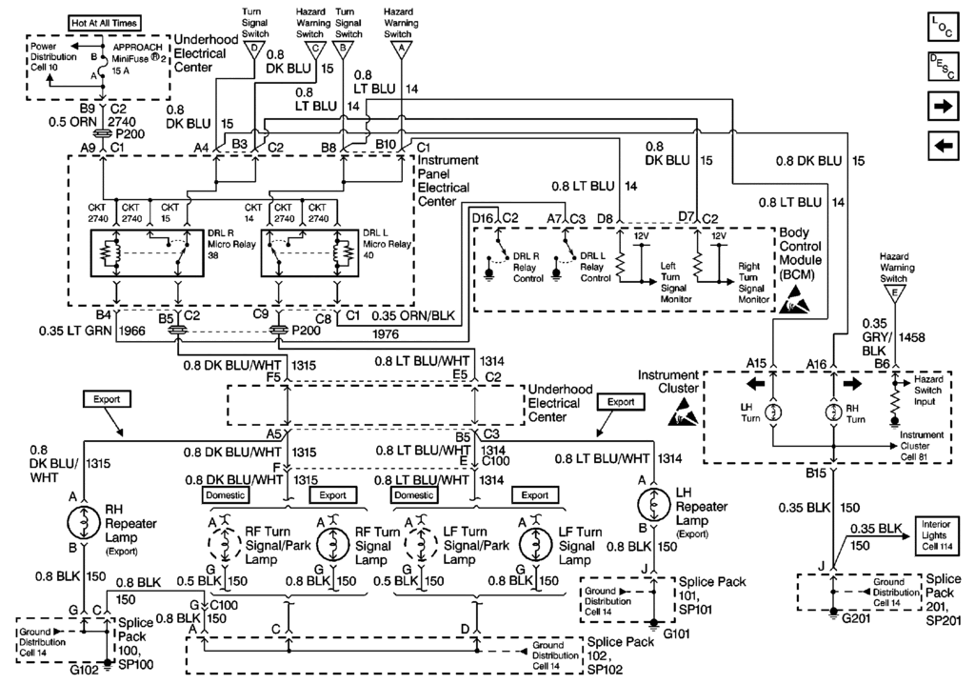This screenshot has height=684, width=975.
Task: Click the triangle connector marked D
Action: (253, 48)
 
